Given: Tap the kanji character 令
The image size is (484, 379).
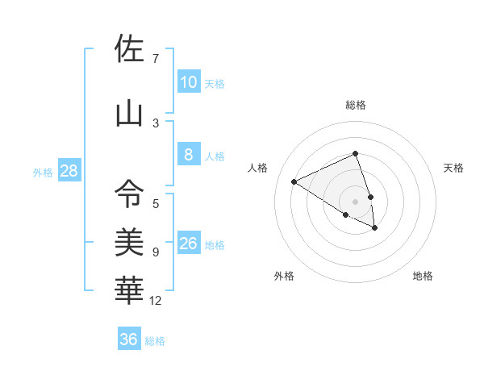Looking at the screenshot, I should [129, 194].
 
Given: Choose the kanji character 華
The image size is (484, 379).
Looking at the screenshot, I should [129, 289].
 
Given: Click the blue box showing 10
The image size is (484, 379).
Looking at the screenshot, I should [188, 82].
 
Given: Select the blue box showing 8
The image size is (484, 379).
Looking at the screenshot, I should [188, 155].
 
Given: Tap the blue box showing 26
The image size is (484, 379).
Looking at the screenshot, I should [188, 244].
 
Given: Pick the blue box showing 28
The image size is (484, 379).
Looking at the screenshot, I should [68, 171].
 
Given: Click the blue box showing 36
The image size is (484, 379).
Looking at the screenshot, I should [129, 339].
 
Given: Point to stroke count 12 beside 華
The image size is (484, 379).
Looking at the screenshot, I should [156, 301].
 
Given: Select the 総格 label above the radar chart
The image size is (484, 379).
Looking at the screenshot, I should [356, 104].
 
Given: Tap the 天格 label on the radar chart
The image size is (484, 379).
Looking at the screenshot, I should [454, 168].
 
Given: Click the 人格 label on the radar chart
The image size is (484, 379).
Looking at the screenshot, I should [258, 168].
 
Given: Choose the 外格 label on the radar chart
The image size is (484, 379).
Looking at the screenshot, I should [284, 277].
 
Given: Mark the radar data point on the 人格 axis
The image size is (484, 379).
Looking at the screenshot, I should [294, 181].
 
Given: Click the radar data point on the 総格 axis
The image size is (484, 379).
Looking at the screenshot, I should [356, 153].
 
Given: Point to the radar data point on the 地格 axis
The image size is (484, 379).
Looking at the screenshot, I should [375, 228].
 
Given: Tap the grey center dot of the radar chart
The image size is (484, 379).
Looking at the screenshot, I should [356, 201].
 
